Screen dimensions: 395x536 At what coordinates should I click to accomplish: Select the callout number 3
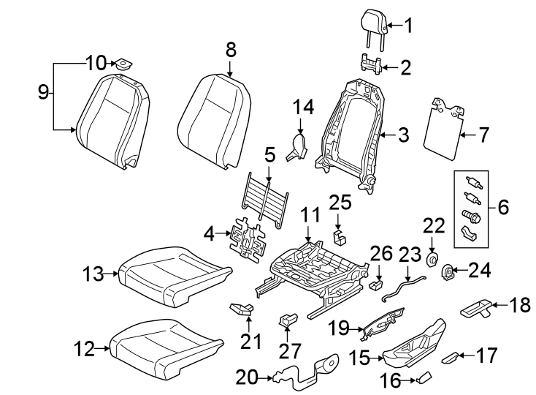(403, 135)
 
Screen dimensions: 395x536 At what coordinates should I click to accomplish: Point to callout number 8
(231, 50)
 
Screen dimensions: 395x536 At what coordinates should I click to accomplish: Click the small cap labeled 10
(122, 64)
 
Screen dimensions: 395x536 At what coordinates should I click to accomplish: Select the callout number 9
(43, 92)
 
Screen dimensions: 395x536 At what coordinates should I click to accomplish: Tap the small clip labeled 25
(340, 235)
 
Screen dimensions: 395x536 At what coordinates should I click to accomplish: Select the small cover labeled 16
(424, 378)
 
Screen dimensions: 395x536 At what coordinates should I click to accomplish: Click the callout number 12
(84, 350)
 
